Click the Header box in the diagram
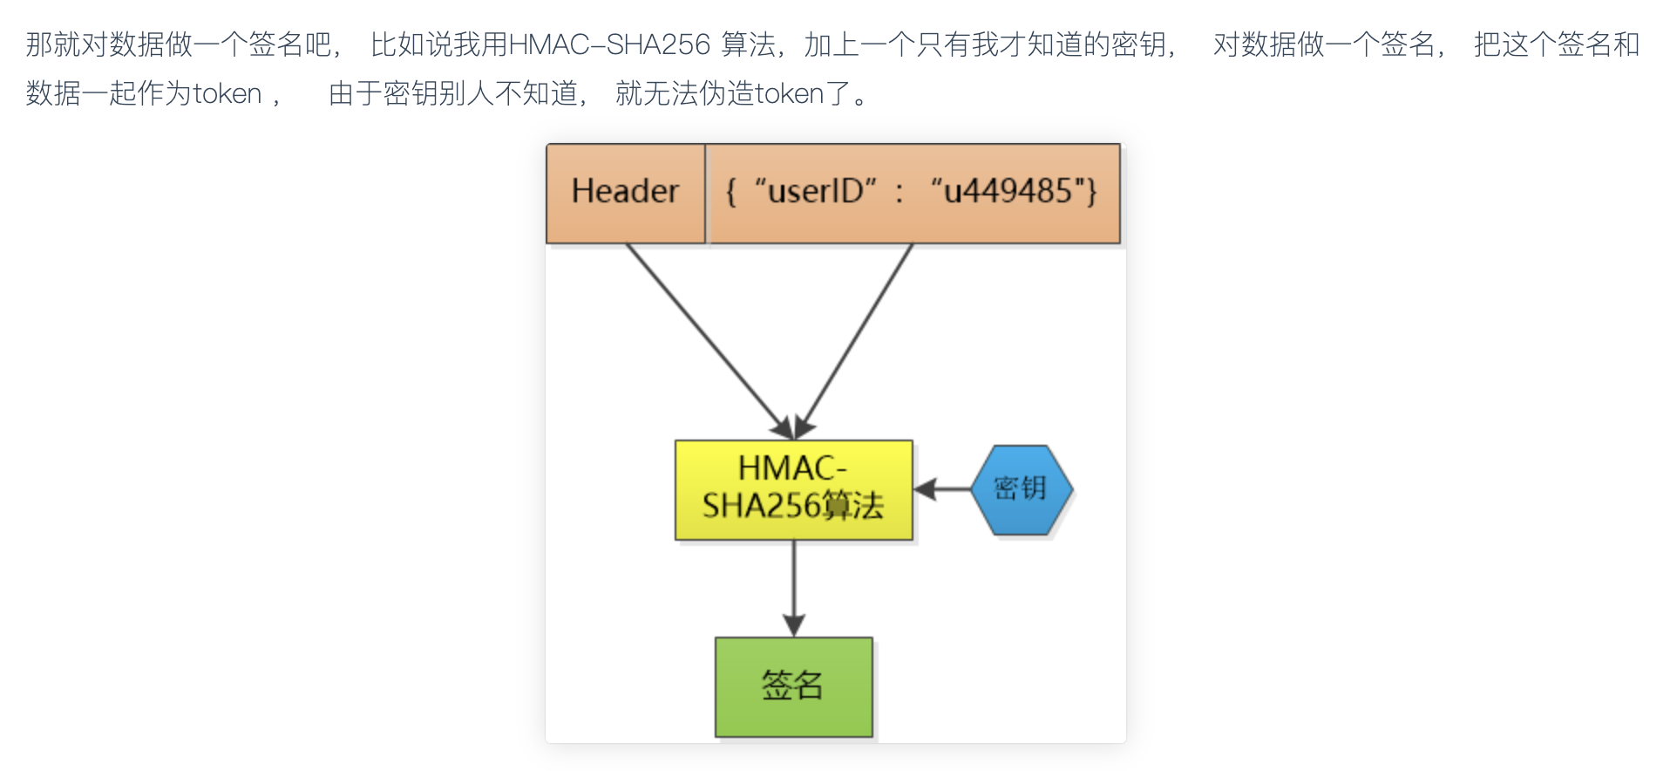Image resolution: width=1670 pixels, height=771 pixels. point(625,193)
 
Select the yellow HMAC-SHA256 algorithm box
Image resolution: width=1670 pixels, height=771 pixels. point(793,489)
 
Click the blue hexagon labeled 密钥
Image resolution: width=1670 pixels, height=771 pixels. point(1021,489)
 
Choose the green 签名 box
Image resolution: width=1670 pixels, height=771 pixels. point(793,686)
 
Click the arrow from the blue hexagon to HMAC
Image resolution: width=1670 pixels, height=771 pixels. point(943,489)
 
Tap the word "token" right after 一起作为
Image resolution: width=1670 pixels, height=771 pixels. point(227,93)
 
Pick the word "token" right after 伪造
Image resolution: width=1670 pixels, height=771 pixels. point(789,93)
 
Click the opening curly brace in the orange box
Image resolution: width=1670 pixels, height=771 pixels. point(731,191)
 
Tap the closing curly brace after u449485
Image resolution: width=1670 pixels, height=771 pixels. point(1091,191)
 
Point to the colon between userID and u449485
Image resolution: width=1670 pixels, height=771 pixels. point(899,193)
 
